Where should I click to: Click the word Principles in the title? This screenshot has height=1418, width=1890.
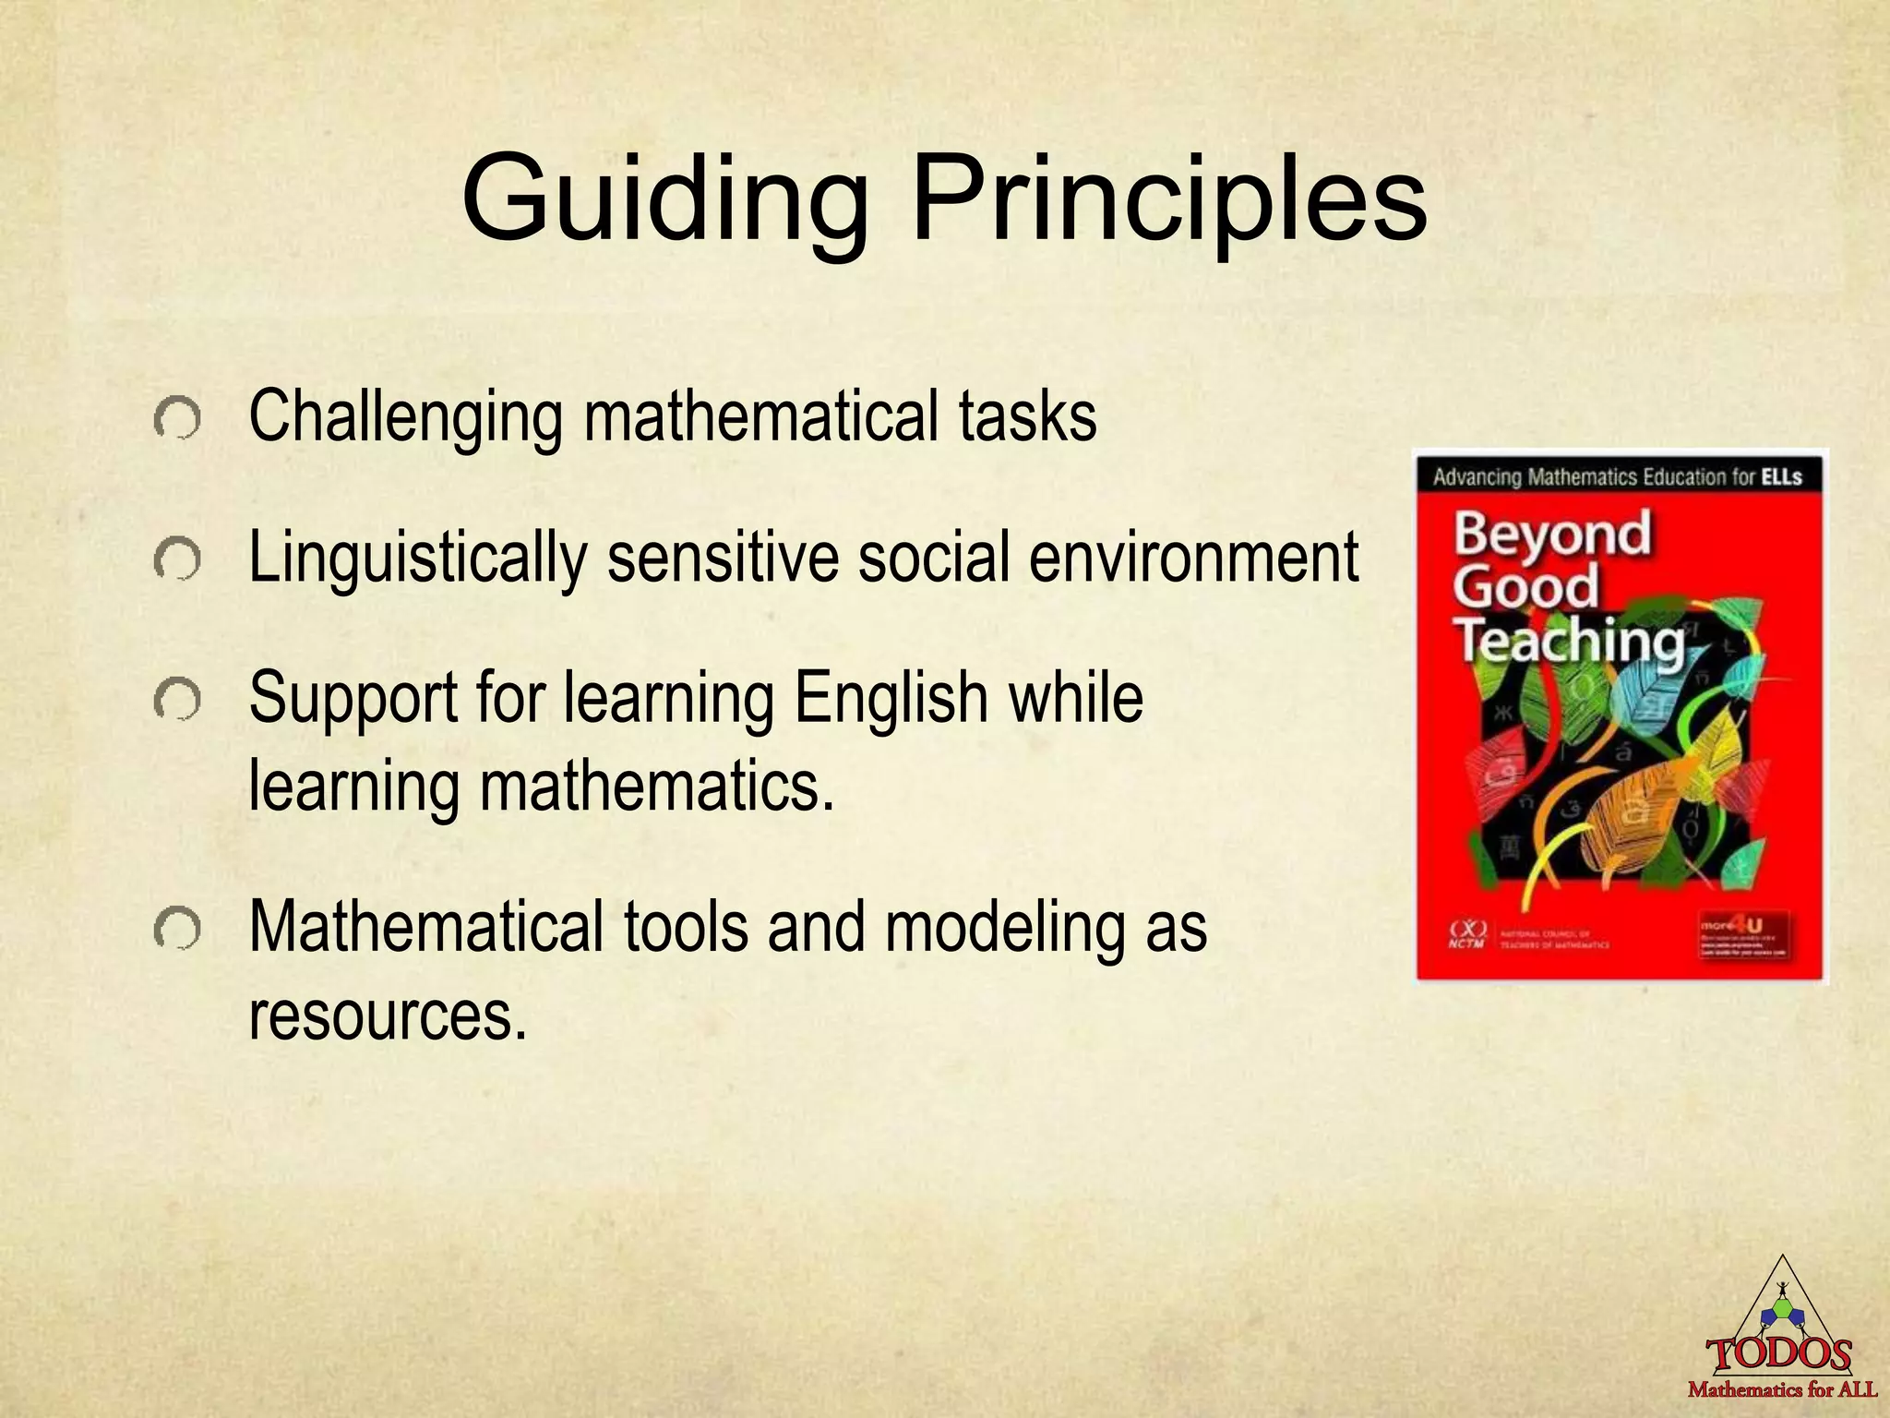coord(1169,201)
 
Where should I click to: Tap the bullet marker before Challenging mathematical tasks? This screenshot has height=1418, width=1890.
coord(177,420)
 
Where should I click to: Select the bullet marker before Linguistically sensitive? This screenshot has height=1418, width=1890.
coord(177,559)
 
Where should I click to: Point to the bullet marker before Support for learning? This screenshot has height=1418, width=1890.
coord(177,701)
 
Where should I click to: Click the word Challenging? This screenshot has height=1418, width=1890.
coord(405,417)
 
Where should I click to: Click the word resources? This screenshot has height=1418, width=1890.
coord(388,1015)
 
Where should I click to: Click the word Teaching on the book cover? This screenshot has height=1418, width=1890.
coord(1570,641)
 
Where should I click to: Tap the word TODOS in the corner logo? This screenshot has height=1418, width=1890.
coord(1779,1355)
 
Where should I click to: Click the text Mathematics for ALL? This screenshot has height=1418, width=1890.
coord(1782,1388)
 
